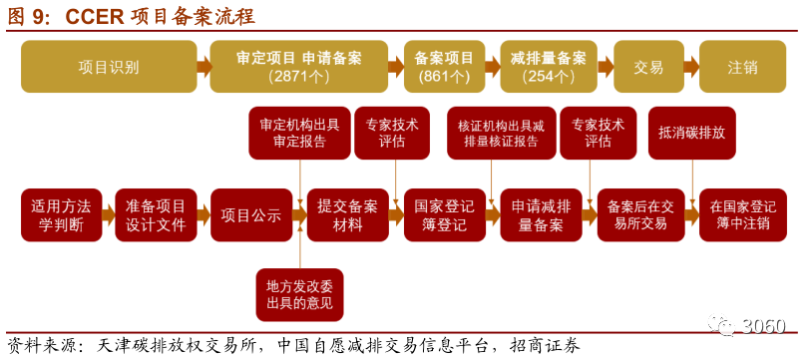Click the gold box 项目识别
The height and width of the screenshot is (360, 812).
(x=108, y=67)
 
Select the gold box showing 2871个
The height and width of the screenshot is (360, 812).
(x=299, y=67)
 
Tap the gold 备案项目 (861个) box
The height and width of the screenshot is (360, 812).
(x=443, y=67)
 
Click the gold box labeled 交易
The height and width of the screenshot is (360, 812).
(x=648, y=67)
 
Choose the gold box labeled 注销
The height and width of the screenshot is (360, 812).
(x=742, y=67)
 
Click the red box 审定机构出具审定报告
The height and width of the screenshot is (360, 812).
(x=299, y=134)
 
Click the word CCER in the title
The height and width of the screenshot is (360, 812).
(x=97, y=16)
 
